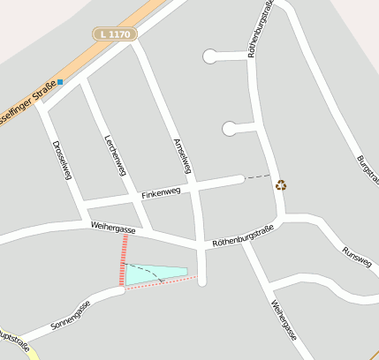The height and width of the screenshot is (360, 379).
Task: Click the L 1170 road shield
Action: coord(115,34)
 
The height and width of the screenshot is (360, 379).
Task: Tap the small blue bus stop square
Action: coord(60,82)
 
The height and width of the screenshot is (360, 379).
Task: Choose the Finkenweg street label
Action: coord(160,191)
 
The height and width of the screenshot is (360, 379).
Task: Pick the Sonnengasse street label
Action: coord(71,314)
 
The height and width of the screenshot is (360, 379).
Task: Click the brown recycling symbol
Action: coord(281,185)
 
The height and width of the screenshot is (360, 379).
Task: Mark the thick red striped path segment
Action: coord(125,260)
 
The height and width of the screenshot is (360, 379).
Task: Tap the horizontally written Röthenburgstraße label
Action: coord(244,236)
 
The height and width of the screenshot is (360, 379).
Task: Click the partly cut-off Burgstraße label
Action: coord(368,171)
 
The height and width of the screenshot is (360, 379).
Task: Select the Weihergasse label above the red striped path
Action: coord(112,228)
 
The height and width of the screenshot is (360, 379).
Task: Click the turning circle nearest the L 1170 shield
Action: coord(210,57)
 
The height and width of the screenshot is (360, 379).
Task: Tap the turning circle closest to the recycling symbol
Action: coord(230,129)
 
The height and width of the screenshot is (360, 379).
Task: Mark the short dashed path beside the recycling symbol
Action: coord(257,176)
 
